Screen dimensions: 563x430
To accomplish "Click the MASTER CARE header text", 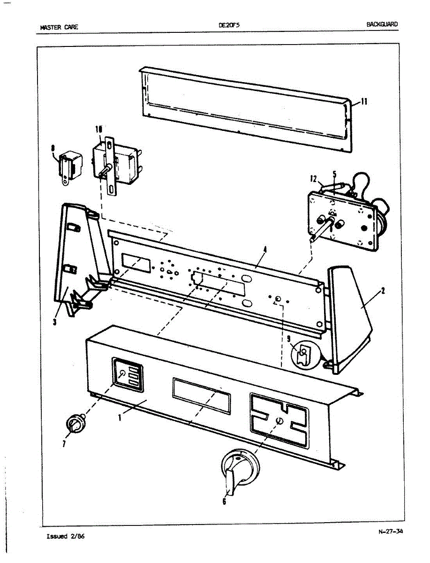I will pos(59,27).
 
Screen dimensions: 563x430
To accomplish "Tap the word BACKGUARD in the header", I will pos(383,24).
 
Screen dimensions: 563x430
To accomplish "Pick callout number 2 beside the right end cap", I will pos(383,291).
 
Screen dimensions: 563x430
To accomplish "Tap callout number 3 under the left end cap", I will pos(55,322).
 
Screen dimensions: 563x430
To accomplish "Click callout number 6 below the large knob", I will pos(224,502).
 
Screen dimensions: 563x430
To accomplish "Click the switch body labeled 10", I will pos(117,159).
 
